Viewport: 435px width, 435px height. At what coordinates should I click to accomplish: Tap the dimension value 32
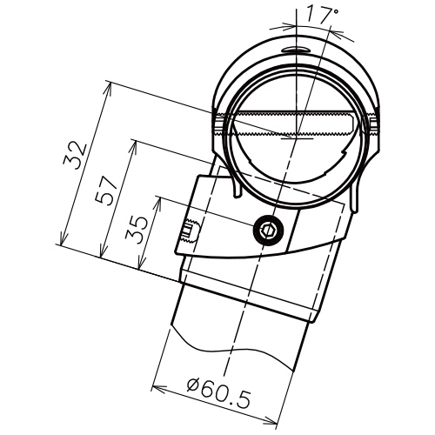click(75, 156)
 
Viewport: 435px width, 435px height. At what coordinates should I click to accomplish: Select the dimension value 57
click(107, 191)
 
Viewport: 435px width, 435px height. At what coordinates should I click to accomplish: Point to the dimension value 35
click(137, 231)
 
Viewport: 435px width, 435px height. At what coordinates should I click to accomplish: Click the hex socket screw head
click(268, 231)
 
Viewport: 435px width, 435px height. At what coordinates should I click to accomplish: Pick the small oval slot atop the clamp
click(297, 50)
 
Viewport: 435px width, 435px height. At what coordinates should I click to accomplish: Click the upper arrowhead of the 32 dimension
click(108, 88)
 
